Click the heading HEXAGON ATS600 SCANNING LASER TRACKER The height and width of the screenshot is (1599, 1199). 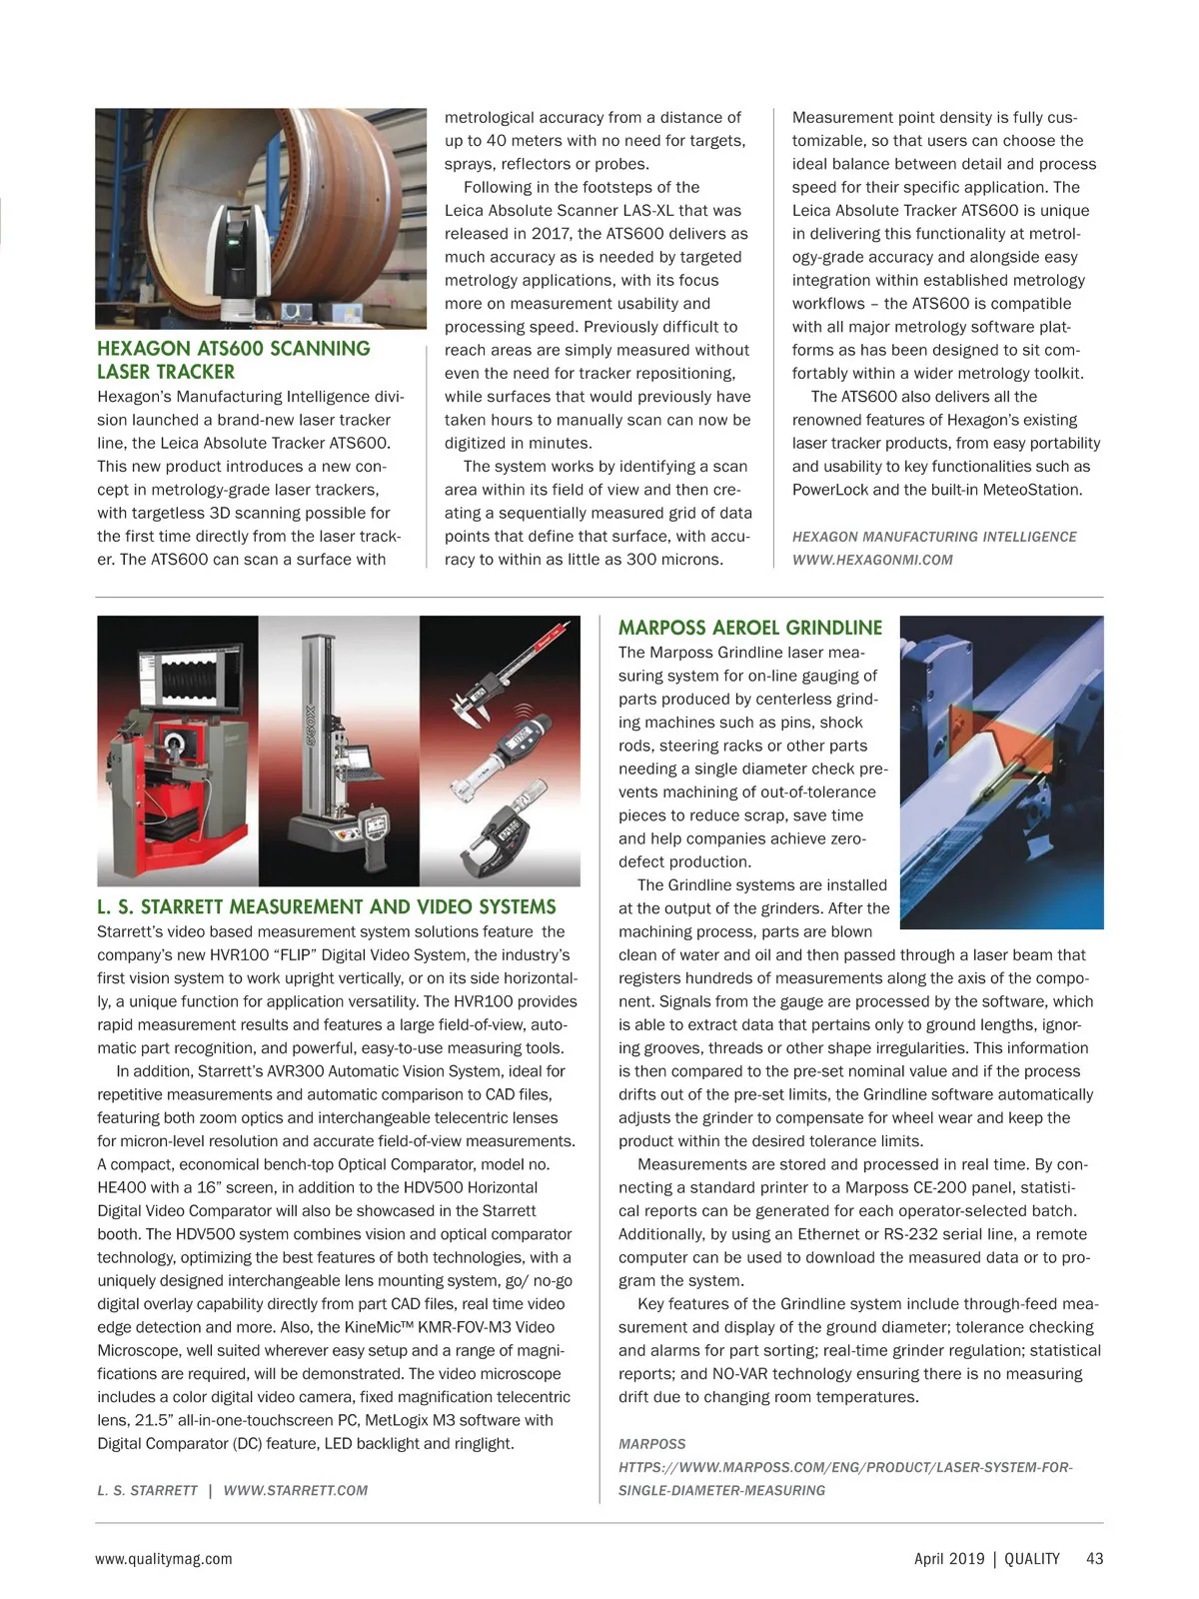[233, 360]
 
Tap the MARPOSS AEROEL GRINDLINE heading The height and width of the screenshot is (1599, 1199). [749, 628]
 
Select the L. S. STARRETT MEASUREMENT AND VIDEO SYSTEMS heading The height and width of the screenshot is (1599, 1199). [326, 906]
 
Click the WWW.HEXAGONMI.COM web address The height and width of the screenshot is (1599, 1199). [872, 560]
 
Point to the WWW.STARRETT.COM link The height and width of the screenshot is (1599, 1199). [295, 1490]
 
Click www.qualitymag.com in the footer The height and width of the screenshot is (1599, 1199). [163, 1558]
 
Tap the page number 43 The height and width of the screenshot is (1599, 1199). [1094, 1558]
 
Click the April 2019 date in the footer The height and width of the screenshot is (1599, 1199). [948, 1558]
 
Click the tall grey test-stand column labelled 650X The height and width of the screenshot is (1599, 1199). [313, 720]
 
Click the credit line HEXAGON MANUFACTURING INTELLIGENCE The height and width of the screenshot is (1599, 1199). [934, 537]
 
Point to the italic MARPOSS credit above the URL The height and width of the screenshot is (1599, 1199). [651, 1444]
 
